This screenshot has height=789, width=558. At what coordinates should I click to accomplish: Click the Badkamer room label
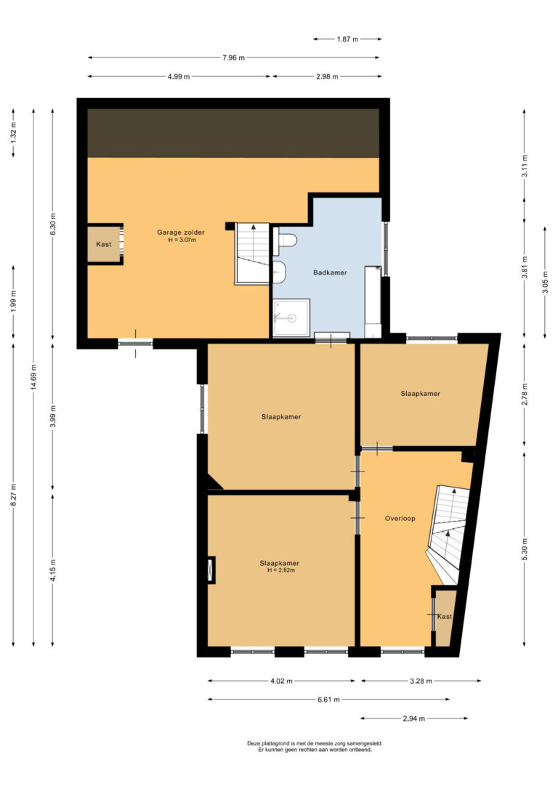pyautogui.click(x=330, y=272)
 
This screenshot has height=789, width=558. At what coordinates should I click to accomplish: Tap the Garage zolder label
pyautogui.click(x=181, y=232)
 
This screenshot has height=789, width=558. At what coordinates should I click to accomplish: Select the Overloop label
pyautogui.click(x=400, y=518)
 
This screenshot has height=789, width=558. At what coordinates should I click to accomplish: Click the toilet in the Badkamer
pyautogui.click(x=285, y=240)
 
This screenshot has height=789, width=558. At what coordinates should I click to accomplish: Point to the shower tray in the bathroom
pyautogui.click(x=291, y=317)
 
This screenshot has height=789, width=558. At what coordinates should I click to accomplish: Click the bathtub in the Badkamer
pyautogui.click(x=373, y=302)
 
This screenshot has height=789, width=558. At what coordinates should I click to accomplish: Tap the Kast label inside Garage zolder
pyautogui.click(x=104, y=244)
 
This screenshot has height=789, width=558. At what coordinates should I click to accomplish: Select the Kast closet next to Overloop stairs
pyautogui.click(x=445, y=617)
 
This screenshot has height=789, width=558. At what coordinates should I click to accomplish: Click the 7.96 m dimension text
pyautogui.click(x=233, y=58)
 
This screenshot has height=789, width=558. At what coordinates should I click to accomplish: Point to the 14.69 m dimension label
pyautogui.click(x=33, y=377)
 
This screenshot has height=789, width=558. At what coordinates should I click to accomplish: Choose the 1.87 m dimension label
pyautogui.click(x=347, y=39)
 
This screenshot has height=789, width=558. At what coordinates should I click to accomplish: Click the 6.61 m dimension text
pyautogui.click(x=328, y=700)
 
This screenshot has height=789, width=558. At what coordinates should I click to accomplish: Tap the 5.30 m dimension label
pyautogui.click(x=525, y=549)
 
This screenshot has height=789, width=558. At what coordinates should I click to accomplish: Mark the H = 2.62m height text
pyautogui.click(x=280, y=570)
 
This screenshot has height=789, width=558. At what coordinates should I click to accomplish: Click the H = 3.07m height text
pyautogui.click(x=182, y=240)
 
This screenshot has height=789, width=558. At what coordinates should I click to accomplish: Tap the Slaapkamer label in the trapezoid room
pyautogui.click(x=420, y=394)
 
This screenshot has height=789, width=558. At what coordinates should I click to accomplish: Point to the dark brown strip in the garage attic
pyautogui.click(x=233, y=133)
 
